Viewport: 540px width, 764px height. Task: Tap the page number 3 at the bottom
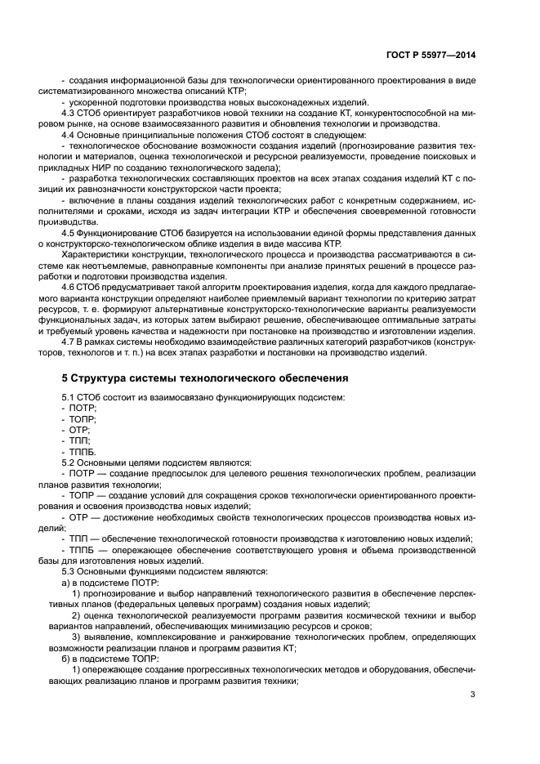[x=473, y=695]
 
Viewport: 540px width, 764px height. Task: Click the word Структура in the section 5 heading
[x=106, y=378]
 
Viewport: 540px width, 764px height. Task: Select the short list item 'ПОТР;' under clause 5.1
[x=83, y=408]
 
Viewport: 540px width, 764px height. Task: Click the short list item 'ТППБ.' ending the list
[x=83, y=451]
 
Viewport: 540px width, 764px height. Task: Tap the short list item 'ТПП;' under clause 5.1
[x=80, y=440]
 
